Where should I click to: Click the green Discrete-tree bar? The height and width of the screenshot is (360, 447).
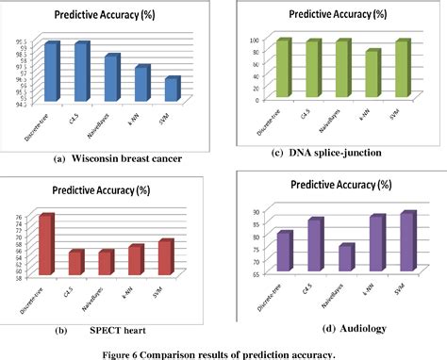[281, 68]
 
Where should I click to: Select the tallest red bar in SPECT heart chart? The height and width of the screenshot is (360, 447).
[45, 245]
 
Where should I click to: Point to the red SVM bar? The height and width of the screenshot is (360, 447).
[166, 257]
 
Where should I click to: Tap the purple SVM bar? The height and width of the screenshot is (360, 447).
[406, 243]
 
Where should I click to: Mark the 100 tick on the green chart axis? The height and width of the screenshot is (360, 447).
[252, 41]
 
